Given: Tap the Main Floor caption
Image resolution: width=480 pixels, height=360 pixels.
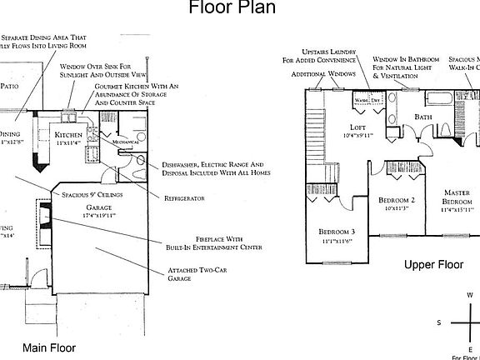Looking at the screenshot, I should click(x=49, y=347).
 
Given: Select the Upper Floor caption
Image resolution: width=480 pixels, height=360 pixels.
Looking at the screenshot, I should click(x=433, y=265).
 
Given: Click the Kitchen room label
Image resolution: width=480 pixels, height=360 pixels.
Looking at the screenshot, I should click(x=67, y=134).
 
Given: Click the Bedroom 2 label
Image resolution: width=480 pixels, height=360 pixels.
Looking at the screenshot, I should click(x=397, y=201).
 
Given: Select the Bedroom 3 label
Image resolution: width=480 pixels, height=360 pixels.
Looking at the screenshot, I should click(x=337, y=231).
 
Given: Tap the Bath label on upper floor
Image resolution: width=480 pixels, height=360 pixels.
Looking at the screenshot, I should click(x=423, y=117).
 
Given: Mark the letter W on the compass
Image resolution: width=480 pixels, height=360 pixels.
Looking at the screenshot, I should click(x=469, y=295).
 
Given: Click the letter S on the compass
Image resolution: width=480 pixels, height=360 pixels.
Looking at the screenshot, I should click(x=439, y=322).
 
